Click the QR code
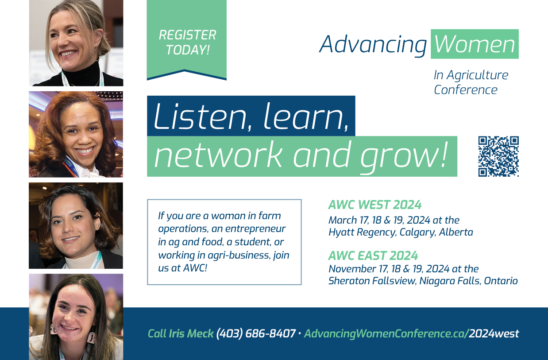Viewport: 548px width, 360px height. point(498,156)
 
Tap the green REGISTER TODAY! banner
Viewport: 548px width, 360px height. point(187,40)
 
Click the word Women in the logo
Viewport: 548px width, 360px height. point(475,44)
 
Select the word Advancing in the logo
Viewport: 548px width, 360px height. point(373,45)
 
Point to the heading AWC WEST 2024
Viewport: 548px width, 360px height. point(375,205)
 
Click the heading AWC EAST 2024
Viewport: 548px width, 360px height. point(373,256)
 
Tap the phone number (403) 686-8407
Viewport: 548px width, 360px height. point(256,333)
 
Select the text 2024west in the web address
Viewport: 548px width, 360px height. point(494,333)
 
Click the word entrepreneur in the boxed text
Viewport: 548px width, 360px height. point(255,229)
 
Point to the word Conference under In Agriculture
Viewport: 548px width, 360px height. point(466,90)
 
